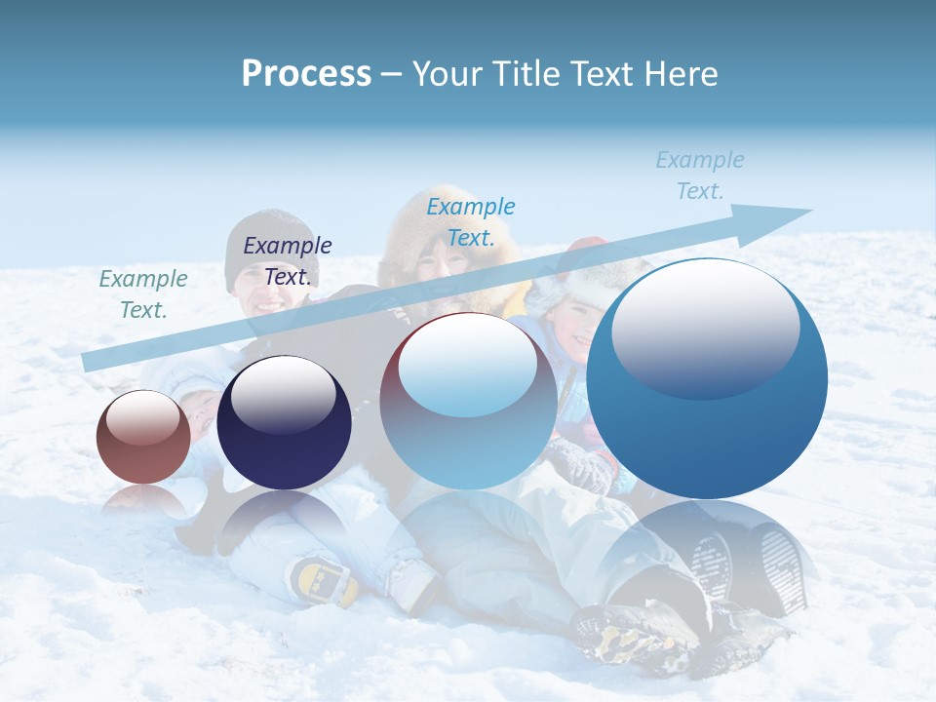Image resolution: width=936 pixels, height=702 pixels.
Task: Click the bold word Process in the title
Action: coord(306,74)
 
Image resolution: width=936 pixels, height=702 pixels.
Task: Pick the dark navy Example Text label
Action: coord(288,261)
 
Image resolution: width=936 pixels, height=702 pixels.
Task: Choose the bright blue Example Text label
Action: coord(471,221)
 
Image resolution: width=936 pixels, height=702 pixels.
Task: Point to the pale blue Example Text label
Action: coord(699,175)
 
